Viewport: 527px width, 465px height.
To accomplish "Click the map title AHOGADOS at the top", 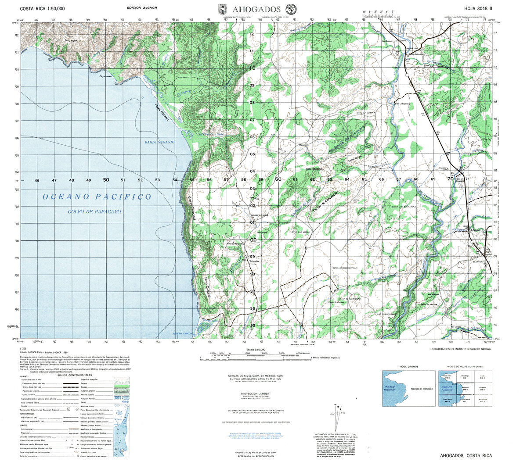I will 256,9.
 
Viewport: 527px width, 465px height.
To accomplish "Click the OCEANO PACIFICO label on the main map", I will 97,197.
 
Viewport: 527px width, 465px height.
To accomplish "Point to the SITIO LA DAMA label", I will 364,113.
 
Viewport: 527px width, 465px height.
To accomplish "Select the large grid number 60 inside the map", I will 278,179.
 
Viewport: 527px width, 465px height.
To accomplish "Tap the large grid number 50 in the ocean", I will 106,180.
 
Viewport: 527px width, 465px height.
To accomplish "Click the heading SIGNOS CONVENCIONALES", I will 74,375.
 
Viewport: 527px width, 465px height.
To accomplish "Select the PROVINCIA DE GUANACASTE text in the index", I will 421,389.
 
